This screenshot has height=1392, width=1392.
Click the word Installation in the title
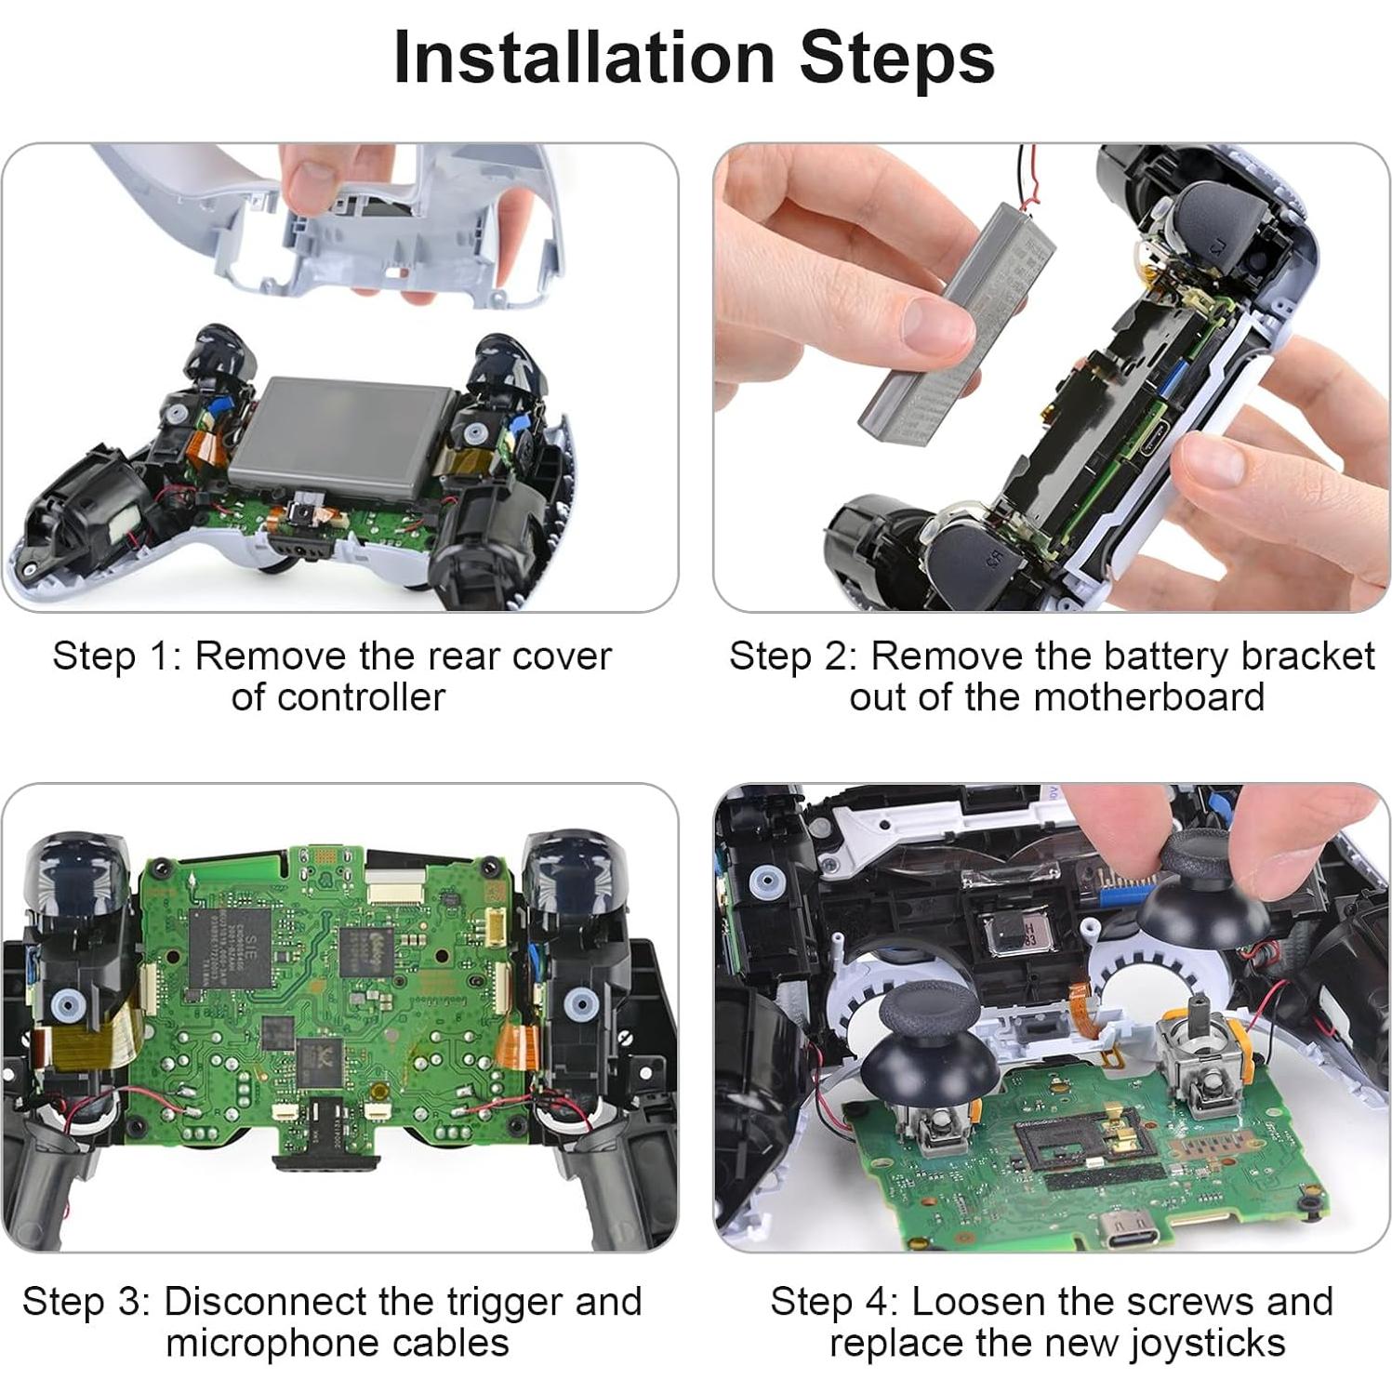[584, 58]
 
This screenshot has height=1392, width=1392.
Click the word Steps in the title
[896, 58]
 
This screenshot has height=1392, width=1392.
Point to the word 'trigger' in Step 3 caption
[502, 1302]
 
